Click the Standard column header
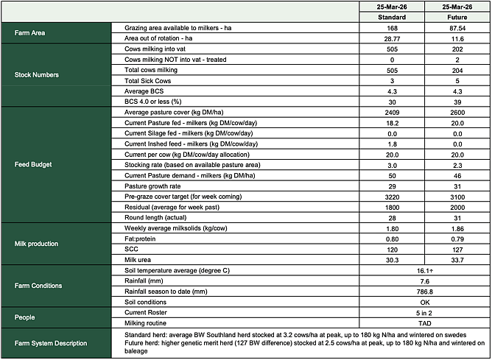[x=391, y=16]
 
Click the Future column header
[x=457, y=16]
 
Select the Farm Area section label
[x=29, y=32]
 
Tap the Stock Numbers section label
[x=37, y=74]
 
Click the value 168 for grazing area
[x=391, y=27]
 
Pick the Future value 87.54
[x=457, y=27]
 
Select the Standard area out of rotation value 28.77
[x=391, y=38]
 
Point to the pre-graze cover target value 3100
[x=457, y=197]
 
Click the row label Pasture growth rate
[x=155, y=186]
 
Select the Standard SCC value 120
[x=391, y=250]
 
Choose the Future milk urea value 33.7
[x=457, y=260]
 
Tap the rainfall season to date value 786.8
[x=424, y=292]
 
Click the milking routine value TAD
[x=424, y=323]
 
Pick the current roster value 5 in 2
[x=424, y=313]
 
